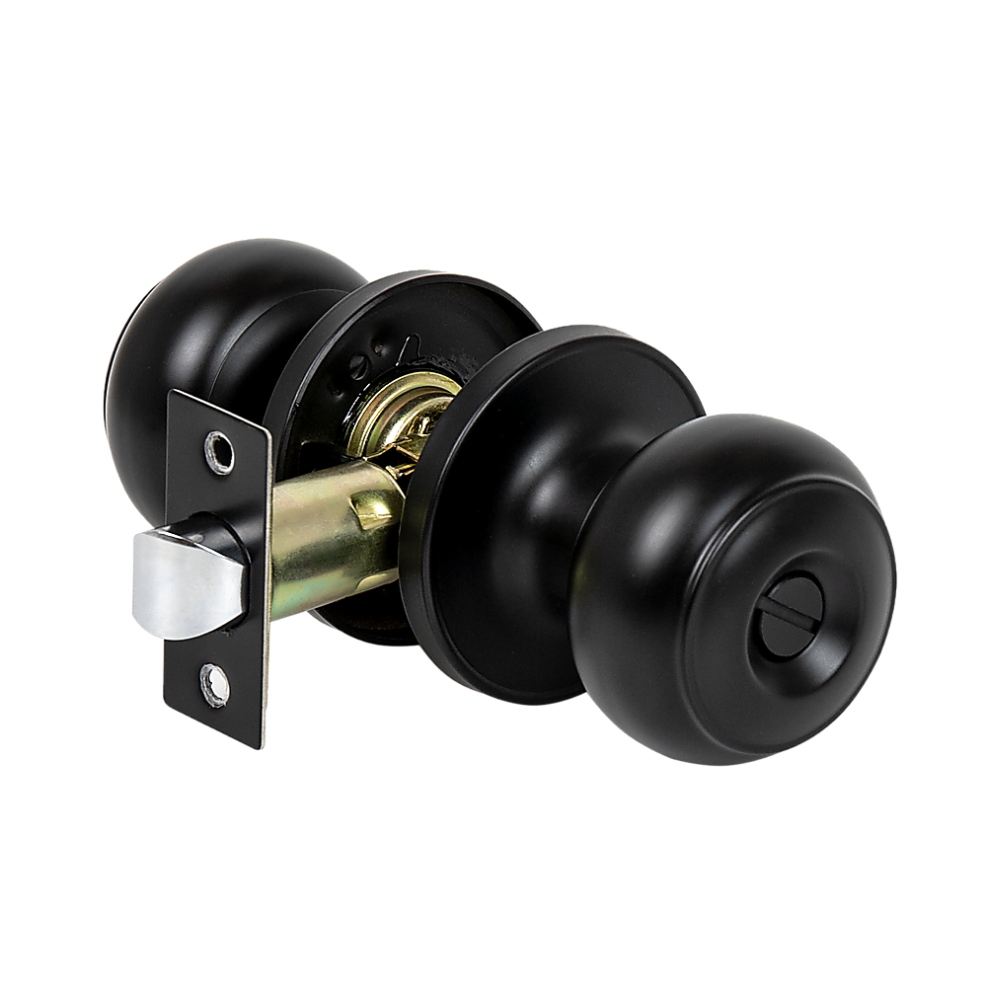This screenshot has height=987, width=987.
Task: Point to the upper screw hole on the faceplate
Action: (218, 450)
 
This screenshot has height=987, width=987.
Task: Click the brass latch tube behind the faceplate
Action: (326, 533)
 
